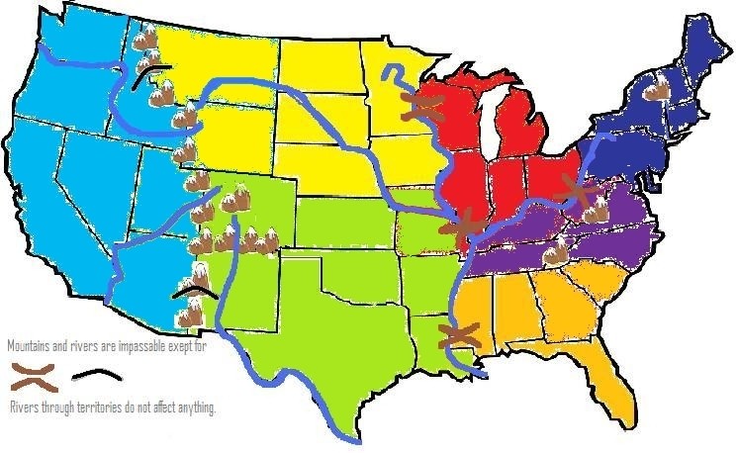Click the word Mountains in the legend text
click(x=25, y=347)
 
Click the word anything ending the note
click(x=196, y=408)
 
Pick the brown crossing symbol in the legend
click(x=33, y=376)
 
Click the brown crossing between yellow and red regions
click(x=422, y=107)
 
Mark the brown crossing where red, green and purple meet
click(x=461, y=226)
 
